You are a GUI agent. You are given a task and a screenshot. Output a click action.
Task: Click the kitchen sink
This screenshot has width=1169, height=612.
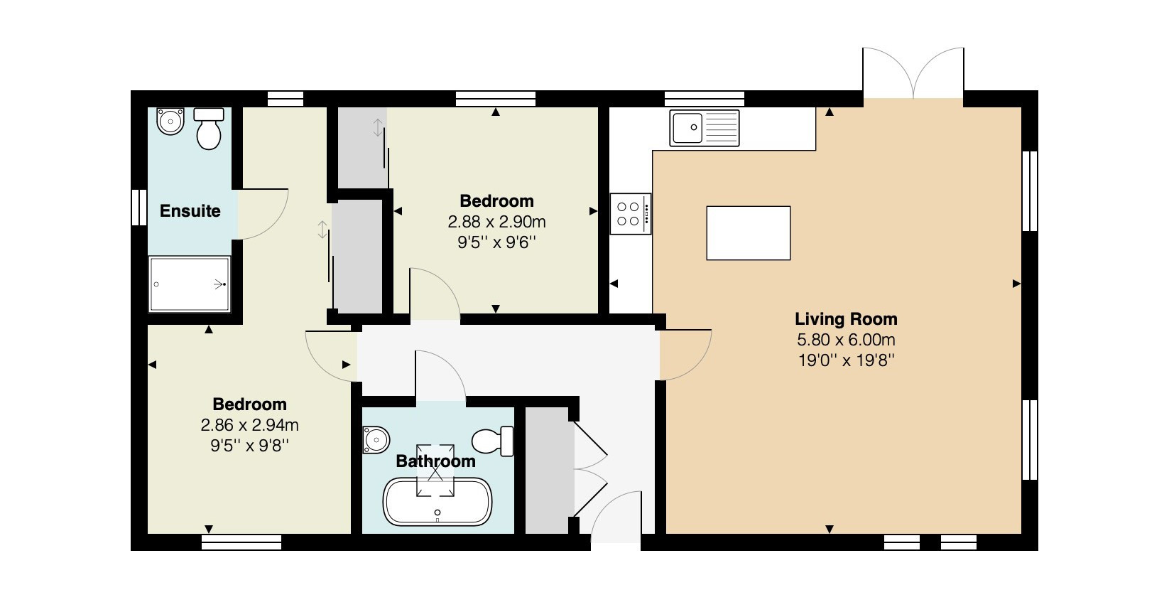click(704, 127)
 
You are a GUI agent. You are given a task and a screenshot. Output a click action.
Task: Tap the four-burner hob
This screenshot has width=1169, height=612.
click(631, 213)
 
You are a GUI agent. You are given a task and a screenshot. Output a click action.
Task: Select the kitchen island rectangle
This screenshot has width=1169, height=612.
click(749, 233)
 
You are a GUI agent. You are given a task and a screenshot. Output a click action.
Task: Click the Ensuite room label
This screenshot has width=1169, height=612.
click(190, 211)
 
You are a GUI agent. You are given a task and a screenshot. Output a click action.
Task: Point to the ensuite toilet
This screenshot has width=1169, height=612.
click(209, 129)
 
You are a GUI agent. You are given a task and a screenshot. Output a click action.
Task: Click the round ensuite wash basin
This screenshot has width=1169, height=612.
click(170, 121)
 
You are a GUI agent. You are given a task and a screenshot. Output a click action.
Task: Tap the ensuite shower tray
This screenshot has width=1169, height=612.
click(190, 284)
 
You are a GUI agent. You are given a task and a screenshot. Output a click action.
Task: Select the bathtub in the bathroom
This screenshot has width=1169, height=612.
click(437, 502)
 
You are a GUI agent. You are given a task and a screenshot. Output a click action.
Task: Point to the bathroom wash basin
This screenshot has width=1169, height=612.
click(376, 440)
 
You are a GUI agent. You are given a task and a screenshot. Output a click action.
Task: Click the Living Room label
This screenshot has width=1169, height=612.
click(846, 318)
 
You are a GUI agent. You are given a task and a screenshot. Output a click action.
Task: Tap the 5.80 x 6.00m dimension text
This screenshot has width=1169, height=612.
click(846, 340)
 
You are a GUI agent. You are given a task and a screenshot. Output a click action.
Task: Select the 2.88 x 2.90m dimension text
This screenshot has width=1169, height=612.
click(497, 222)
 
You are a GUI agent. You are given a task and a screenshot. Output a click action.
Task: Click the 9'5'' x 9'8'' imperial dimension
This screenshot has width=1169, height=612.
click(249, 446)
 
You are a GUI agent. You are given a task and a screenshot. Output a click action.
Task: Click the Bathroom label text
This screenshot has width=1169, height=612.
click(436, 461)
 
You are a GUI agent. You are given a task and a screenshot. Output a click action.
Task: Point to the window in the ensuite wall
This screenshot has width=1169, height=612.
click(138, 208)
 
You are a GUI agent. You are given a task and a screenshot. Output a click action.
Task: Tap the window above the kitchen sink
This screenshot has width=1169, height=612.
click(705, 99)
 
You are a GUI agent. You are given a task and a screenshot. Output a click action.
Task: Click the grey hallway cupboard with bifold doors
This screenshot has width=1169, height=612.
click(546, 470)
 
